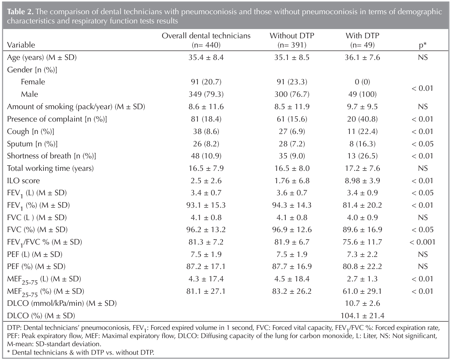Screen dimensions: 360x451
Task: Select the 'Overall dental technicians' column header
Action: (x=206, y=36)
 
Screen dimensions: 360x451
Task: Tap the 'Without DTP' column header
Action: (x=292, y=36)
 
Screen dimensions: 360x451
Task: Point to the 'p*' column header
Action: (x=422, y=45)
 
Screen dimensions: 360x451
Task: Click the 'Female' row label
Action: (x=33, y=82)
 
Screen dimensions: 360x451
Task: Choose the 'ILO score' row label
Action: (x=23, y=181)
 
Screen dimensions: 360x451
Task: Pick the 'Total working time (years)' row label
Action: (x=50, y=168)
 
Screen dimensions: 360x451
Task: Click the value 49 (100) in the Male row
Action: (x=362, y=94)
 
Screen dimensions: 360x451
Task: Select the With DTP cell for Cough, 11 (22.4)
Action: (x=362, y=131)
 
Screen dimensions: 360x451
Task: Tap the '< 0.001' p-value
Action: (x=422, y=242)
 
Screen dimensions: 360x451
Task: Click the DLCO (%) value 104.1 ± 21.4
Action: (x=362, y=316)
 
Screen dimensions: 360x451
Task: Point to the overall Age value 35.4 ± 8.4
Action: (x=206, y=57)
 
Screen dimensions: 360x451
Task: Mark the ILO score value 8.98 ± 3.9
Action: (x=362, y=181)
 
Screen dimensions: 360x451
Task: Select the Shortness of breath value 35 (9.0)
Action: (x=292, y=156)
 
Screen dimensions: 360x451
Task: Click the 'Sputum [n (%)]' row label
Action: (x=32, y=144)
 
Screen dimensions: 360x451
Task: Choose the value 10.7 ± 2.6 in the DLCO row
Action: (x=362, y=303)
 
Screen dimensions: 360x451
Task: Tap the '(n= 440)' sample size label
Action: (x=206, y=45)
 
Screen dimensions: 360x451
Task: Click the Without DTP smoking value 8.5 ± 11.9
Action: (x=292, y=107)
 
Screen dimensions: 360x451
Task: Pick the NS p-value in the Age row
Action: (x=422, y=57)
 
